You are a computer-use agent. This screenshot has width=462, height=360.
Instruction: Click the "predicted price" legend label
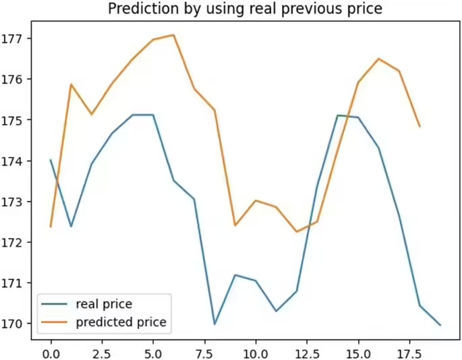point(121,322)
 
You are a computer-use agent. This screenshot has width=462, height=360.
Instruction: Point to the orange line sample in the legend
point(56,323)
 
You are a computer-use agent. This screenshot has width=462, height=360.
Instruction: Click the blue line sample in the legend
point(56,304)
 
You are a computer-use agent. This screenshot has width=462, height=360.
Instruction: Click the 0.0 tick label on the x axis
point(51,353)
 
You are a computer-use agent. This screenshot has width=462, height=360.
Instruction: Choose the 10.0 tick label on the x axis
point(255,353)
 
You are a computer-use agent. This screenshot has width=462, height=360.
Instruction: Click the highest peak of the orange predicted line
point(173,35)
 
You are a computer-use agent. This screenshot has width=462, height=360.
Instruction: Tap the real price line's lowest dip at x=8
point(214,324)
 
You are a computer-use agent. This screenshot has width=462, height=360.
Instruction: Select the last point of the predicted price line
point(420,126)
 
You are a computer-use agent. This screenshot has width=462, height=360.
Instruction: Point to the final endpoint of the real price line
point(440,325)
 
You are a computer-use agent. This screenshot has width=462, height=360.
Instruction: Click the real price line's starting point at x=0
point(51,160)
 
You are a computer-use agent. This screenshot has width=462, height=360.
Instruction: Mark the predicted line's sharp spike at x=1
point(71,84)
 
